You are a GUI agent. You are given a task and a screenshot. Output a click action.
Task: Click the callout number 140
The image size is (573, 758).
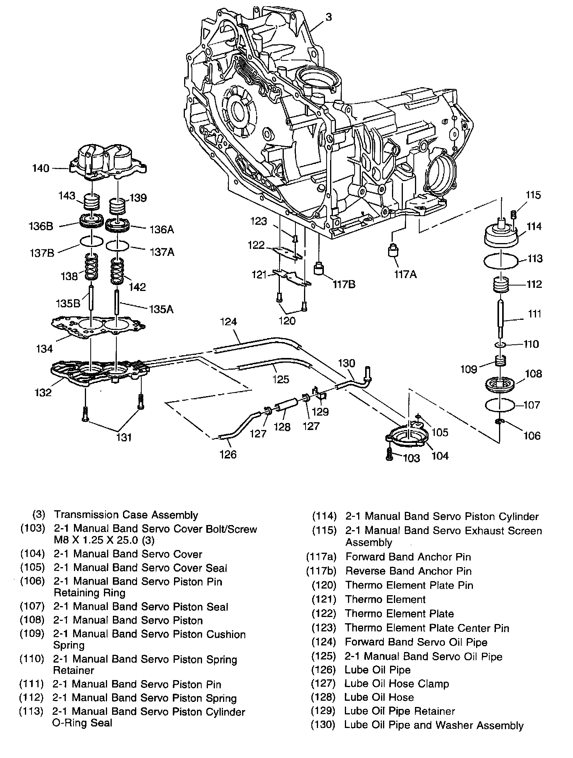41,168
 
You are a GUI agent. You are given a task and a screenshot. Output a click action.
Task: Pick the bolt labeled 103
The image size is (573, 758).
389,453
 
